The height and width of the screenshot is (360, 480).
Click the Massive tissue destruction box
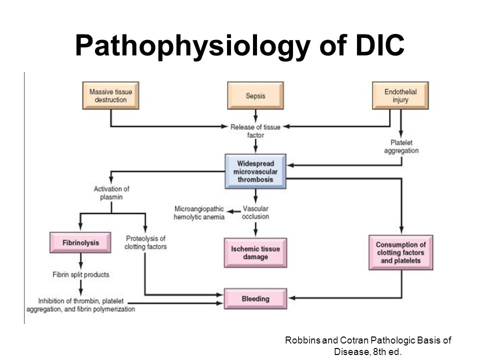pyautogui.click(x=110, y=95)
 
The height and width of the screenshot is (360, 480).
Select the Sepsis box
pyautogui.click(x=255, y=95)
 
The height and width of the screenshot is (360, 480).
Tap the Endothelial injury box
pyautogui.click(x=400, y=95)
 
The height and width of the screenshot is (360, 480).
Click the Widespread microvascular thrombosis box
pyautogui.click(x=255, y=171)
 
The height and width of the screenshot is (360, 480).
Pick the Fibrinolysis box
pyautogui.click(x=80, y=242)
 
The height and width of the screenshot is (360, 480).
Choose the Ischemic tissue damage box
pyautogui.click(x=255, y=253)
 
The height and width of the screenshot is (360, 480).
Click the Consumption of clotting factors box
pyautogui.click(x=400, y=252)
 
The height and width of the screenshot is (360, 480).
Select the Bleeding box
pyautogui.click(x=255, y=298)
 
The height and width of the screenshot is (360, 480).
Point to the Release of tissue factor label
pyautogui.click(x=255, y=131)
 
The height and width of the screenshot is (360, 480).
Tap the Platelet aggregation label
pyautogui.click(x=401, y=146)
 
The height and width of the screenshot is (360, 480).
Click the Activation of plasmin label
pyautogui.click(x=111, y=193)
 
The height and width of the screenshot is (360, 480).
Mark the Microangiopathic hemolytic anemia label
pyautogui.click(x=199, y=213)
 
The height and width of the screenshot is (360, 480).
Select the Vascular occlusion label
pyautogui.click(x=255, y=212)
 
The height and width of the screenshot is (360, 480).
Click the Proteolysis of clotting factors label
pyautogui.click(x=145, y=242)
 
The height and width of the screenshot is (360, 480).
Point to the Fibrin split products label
pyautogui.click(x=81, y=274)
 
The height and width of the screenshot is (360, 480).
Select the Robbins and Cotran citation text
pyautogui.click(x=368, y=346)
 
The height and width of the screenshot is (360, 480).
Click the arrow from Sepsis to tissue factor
pyautogui.click(x=255, y=115)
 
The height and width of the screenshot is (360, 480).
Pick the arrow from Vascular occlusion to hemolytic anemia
pyautogui.click(x=233, y=211)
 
